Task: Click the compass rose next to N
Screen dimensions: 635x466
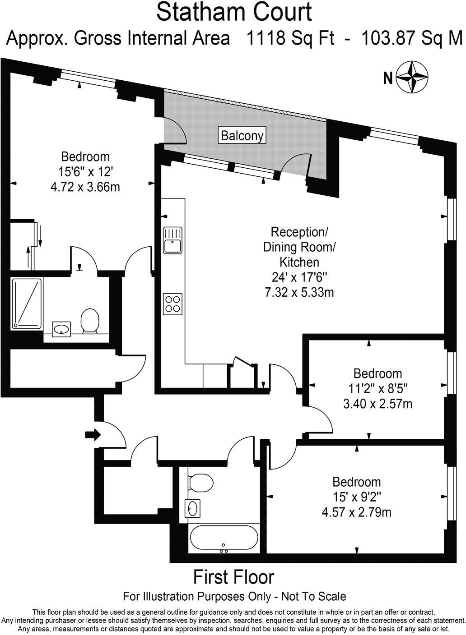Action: pos(412,77)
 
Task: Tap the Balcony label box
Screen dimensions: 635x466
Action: pos(242,135)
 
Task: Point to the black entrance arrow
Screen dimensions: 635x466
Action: pos(93,434)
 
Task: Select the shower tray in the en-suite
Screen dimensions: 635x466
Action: pos(27,303)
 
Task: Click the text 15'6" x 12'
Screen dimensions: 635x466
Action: pos(85,172)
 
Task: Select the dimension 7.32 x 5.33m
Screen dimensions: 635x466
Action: pos(299,292)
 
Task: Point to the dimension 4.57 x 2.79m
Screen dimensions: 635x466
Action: pos(356,512)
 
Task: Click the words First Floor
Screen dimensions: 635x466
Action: pos(234,577)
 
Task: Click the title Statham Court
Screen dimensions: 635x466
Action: pos(234,12)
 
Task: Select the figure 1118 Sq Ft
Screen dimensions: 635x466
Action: pos(290,38)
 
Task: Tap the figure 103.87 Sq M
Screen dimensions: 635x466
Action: pos(412,38)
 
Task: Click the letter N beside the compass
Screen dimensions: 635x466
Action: pos(387,78)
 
